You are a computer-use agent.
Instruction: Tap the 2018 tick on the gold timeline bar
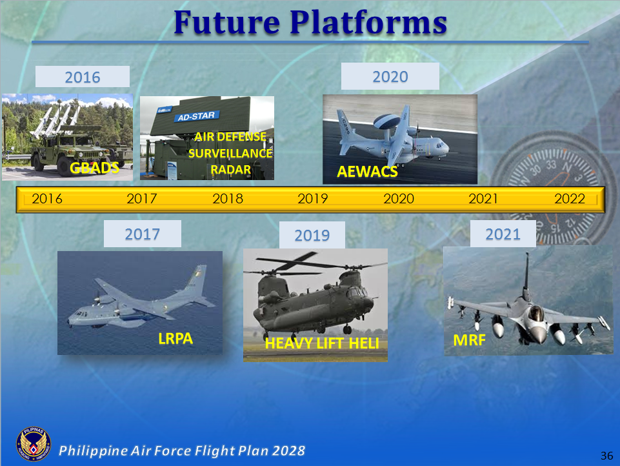point(228,199)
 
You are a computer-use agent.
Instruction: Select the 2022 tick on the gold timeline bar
point(569,199)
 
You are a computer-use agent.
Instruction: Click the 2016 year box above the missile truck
point(83,77)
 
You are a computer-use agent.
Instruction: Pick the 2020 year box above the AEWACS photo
point(390,77)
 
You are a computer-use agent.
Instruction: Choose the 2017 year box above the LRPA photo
point(142,234)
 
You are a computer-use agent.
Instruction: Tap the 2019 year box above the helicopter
point(312,236)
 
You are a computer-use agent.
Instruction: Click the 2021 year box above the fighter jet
point(503,234)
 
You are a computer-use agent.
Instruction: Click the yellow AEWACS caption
point(367,172)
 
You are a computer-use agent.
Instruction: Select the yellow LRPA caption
point(175,338)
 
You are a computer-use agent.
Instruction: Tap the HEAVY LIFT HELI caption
point(321,344)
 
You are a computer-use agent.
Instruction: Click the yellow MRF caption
point(469,340)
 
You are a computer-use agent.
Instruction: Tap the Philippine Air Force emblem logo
point(33,445)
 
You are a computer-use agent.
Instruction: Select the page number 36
point(606,456)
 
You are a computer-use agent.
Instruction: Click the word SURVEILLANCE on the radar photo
point(230,154)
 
